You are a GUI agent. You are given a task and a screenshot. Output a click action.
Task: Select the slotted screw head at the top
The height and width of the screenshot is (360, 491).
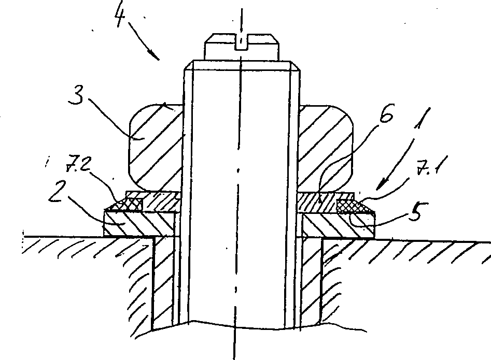[242, 47]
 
